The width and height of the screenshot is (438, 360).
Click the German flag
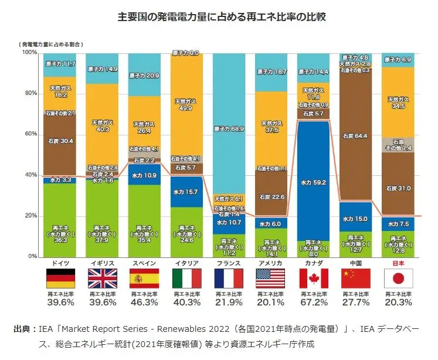click(60, 279)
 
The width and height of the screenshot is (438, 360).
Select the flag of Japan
click(398, 279)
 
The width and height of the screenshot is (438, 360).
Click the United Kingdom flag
click(102, 279)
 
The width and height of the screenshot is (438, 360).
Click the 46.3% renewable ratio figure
click(144, 303)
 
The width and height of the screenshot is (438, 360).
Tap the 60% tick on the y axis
click(30, 134)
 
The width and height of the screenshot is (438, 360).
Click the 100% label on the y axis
click(29, 53)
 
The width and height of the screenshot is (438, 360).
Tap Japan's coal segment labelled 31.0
click(398, 189)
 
